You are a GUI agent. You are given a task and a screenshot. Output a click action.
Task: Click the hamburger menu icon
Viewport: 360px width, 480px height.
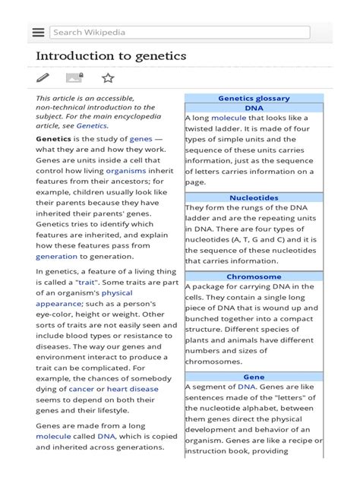tap(38, 33)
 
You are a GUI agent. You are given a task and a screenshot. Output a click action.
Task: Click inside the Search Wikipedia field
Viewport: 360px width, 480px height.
tap(180, 33)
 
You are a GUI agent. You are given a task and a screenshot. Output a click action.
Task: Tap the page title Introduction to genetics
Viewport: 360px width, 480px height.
tap(111, 57)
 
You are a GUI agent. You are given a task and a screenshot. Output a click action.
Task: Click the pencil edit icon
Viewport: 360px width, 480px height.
tap(43, 77)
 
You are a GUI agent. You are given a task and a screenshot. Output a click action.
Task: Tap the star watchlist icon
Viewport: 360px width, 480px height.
tap(108, 77)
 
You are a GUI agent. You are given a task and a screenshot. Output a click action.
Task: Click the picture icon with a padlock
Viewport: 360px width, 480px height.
tap(74, 77)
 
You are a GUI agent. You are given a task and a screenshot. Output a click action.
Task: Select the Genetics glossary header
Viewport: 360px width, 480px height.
tap(254, 99)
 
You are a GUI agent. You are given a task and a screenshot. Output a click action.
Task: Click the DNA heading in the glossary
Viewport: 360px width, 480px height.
tap(254, 109)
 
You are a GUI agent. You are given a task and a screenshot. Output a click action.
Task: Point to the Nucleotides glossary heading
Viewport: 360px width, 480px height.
tap(254, 198)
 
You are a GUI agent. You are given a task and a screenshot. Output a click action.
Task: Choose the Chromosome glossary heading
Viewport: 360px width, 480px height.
tap(254, 277)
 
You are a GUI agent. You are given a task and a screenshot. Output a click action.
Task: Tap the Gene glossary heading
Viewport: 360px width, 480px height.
tap(254, 377)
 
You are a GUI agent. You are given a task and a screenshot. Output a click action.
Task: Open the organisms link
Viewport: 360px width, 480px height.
tap(125, 172)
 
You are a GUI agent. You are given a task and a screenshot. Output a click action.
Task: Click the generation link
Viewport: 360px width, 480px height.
tap(56, 257)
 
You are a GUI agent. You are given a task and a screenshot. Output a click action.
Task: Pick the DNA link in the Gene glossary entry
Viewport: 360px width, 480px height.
tap(247, 387)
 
